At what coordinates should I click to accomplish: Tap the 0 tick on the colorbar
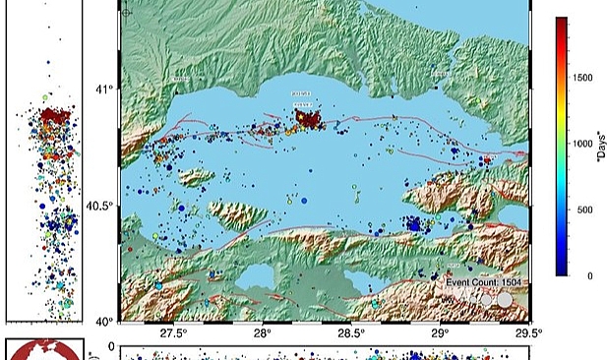pyautogui.click(x=577, y=276)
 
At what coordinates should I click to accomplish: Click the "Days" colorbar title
pyautogui.click(x=598, y=148)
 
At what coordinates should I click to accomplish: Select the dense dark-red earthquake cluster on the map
pyautogui.click(x=312, y=120)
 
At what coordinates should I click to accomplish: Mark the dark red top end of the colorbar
pyautogui.click(x=561, y=22)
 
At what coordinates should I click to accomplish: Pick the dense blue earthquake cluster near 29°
pyautogui.click(x=414, y=224)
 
